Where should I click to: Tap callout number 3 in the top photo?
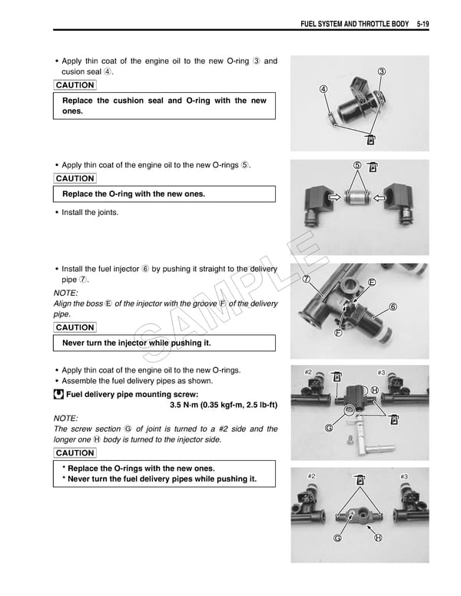pyautogui.click(x=382, y=71)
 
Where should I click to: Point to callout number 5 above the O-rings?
pyautogui.click(x=357, y=166)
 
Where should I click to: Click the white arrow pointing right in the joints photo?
pyautogui.click(x=335, y=197)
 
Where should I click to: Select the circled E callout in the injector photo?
pyautogui.click(x=372, y=282)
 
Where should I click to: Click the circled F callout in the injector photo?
pyautogui.click(x=338, y=333)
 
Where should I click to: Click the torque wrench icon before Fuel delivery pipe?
pyautogui.click(x=58, y=396)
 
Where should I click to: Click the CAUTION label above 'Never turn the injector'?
pyautogui.click(x=75, y=328)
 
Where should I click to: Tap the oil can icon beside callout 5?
pyautogui.click(x=373, y=167)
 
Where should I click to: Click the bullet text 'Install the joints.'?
pyautogui.click(x=90, y=212)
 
